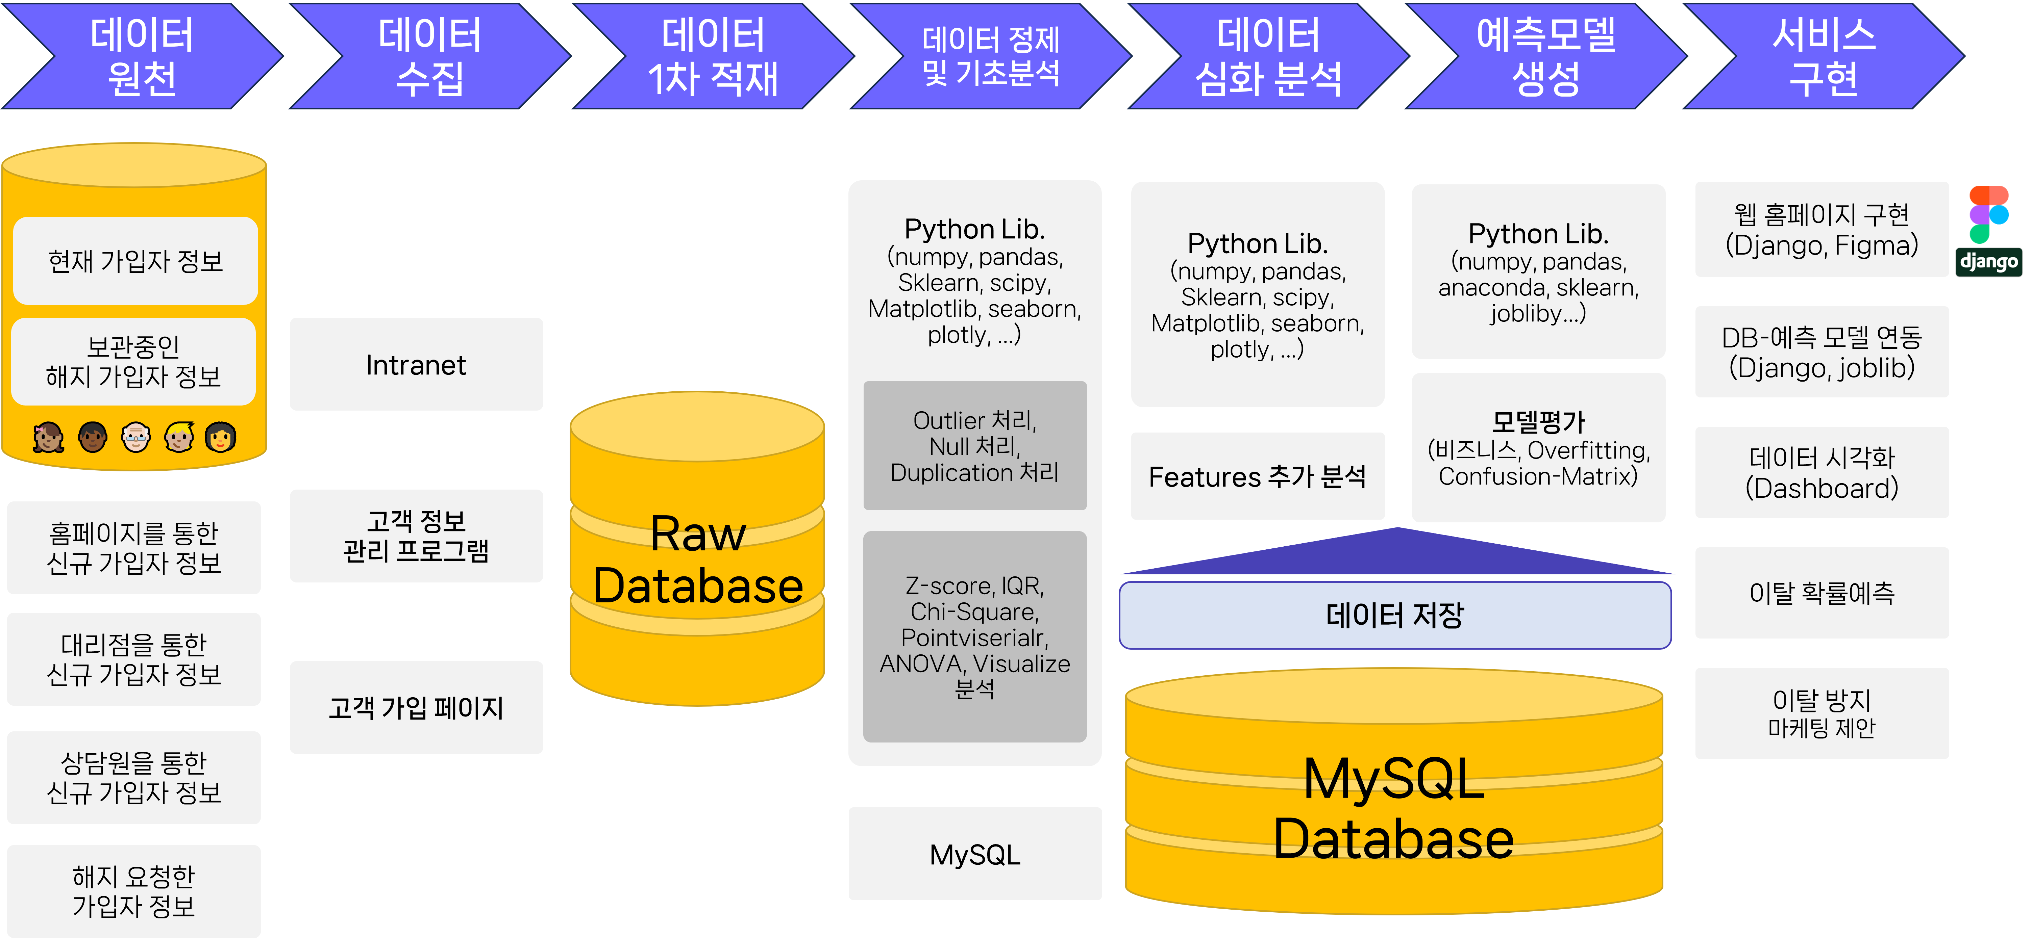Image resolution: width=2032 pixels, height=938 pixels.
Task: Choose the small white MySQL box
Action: pos(975,854)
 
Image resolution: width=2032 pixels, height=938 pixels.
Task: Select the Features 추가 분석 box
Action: pos(1257,476)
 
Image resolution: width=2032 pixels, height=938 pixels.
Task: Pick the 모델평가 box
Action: pos(1538,448)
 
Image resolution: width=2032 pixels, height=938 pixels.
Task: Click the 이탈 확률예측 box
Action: pos(1822,593)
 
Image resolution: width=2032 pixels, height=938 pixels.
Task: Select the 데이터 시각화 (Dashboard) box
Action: pos(1822,472)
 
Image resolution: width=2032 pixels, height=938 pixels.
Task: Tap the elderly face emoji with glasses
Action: pos(136,437)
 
